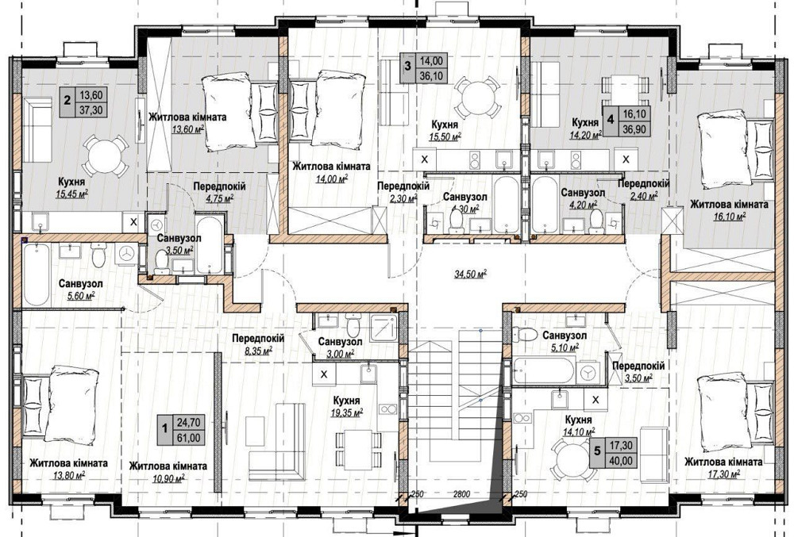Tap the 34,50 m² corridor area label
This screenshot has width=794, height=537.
pyautogui.click(x=471, y=274)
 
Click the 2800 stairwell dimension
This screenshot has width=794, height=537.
pyautogui.click(x=461, y=494)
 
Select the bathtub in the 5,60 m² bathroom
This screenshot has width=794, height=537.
pyautogui.click(x=37, y=274)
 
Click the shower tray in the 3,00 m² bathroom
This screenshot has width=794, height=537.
pyautogui.click(x=384, y=328)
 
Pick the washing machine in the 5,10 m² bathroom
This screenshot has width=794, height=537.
pyautogui.click(x=588, y=372)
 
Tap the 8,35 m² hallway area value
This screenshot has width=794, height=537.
pyautogui.click(x=257, y=350)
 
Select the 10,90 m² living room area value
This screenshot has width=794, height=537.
pyautogui.click(x=168, y=478)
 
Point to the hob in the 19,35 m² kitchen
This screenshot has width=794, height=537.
pyautogui.click(x=388, y=409)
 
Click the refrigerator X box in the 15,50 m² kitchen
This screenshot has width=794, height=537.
pyautogui.click(x=425, y=159)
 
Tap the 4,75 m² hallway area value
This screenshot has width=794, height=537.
pyautogui.click(x=219, y=198)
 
